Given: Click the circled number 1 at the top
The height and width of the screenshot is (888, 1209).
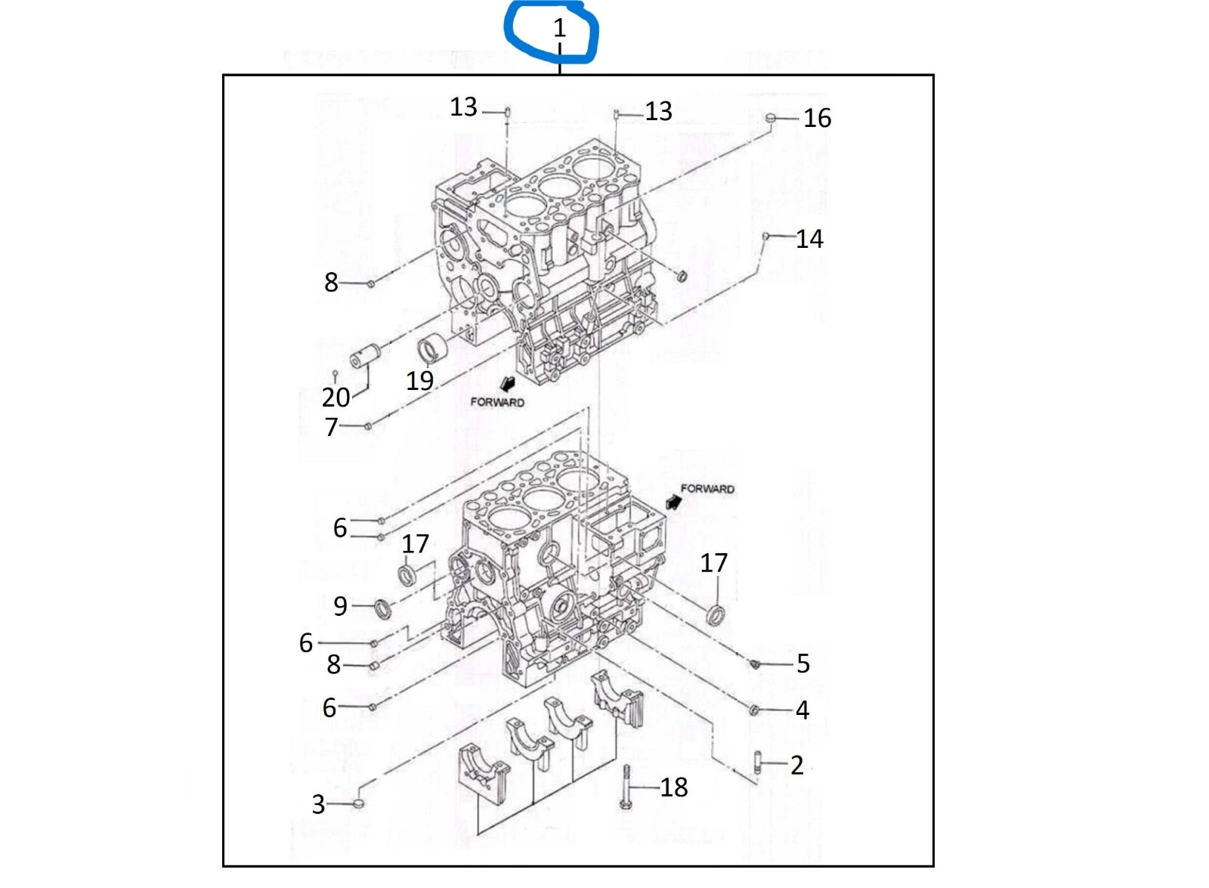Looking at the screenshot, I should coord(559,28).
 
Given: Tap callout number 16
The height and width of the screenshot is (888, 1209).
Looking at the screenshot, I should coord(817,118).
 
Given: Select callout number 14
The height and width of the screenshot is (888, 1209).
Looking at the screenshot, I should coord(809,239).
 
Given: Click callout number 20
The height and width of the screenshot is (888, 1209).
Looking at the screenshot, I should coord(335,397).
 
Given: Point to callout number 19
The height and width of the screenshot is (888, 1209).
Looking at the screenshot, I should coord(419,380).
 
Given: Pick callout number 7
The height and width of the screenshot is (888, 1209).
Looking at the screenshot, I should coord(331,427).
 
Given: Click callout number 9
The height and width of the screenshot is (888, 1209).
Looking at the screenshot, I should coord(340,605).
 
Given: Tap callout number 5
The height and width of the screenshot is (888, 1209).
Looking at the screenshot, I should coord(802,664).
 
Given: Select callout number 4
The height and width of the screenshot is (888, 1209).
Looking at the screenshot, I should coord(802,710).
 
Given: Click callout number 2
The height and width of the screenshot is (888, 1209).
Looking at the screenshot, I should coord(796,765).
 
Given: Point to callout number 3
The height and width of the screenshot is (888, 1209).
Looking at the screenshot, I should coord(318,804).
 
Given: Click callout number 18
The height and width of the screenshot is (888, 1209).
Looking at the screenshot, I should coord(673,787).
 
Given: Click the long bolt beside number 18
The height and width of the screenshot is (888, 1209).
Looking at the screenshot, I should coord(626,787).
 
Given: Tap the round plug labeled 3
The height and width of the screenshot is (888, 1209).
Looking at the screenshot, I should coord(359,802).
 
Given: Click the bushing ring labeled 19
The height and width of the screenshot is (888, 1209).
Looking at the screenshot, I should coord(433,350).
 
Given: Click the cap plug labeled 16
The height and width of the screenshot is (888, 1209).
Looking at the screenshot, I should coord(770,118).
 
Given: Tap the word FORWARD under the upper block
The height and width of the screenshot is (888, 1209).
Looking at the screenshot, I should coord(496,402).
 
